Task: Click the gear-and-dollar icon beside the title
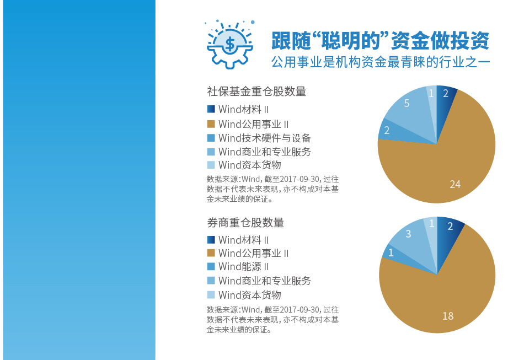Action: coord(229,44)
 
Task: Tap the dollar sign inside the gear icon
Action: coord(230,44)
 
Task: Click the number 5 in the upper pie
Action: coord(407,103)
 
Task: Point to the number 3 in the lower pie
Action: coord(408,233)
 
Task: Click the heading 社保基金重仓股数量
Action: coord(256,92)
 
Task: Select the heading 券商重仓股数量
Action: coord(245,222)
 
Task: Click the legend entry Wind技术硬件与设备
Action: coord(264,138)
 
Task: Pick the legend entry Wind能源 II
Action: coord(243,266)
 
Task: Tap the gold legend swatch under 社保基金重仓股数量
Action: coord(211,124)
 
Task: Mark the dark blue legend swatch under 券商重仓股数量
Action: coord(211,240)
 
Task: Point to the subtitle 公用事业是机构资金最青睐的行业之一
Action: coord(381,62)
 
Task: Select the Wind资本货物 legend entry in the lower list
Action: coord(249,295)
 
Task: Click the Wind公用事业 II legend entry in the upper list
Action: coord(253,124)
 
